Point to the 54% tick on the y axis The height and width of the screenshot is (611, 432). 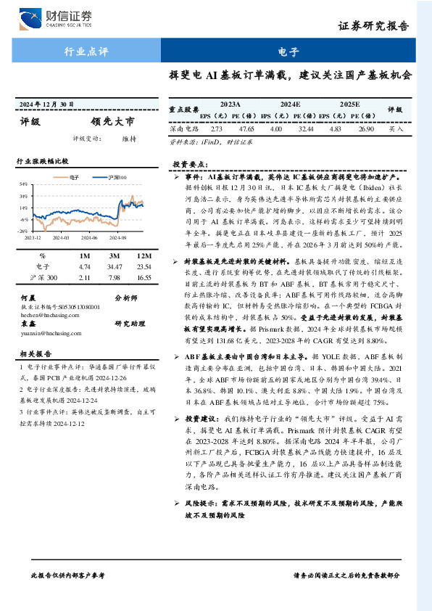tap(23, 184)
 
